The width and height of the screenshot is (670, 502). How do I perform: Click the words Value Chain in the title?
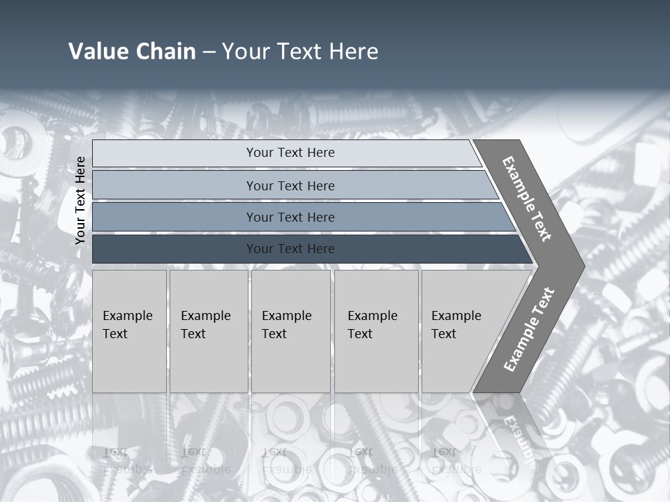tap(132, 52)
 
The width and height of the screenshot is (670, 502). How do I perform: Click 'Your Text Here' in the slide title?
tap(300, 52)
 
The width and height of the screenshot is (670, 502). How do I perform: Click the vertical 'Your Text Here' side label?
tap(80, 200)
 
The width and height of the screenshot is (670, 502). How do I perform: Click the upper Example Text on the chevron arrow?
tap(527, 199)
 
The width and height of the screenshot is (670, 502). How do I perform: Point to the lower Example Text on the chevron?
tap(528, 329)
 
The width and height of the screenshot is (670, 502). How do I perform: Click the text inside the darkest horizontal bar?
tap(290, 249)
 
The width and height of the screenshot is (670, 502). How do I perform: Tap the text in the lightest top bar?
tap(290, 153)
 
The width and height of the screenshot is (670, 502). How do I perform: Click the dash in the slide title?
tap(209, 52)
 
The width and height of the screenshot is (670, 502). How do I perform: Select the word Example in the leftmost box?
tap(127, 316)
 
